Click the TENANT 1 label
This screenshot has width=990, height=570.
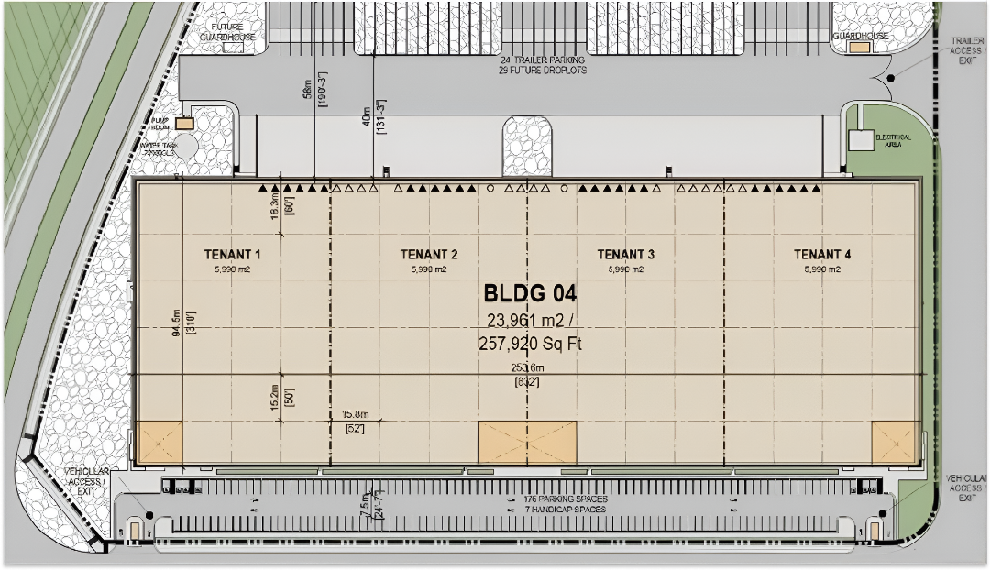(x=232, y=255)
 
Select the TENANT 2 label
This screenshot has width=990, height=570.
(x=429, y=255)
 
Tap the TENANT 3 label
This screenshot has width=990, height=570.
(x=625, y=255)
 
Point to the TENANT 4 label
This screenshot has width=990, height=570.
(x=822, y=255)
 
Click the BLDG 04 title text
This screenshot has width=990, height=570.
(x=530, y=294)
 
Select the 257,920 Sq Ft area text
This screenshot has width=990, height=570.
(x=530, y=345)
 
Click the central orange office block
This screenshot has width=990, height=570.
(x=527, y=442)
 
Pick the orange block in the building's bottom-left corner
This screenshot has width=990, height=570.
(x=159, y=442)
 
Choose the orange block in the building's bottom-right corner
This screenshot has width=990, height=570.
(x=894, y=442)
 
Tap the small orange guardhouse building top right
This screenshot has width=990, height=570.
(x=859, y=46)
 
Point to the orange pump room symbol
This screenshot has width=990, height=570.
(x=184, y=123)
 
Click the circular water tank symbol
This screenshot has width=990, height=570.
(x=186, y=145)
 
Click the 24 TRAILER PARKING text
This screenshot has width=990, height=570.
(x=543, y=60)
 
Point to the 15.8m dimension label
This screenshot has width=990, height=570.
(x=354, y=414)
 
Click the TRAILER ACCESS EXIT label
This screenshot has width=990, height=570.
(x=966, y=50)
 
